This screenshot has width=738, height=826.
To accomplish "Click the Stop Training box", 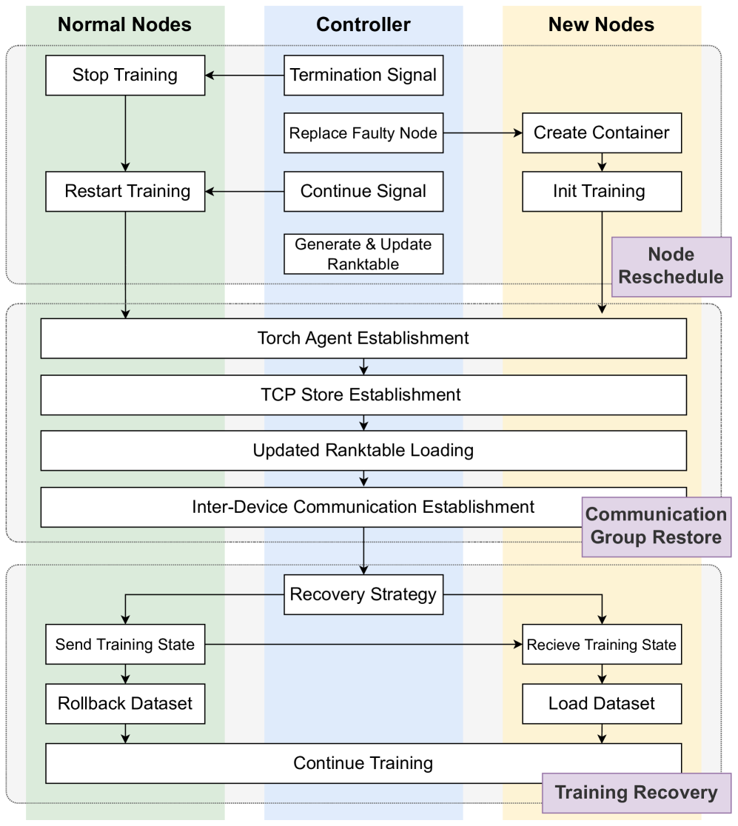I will click(125, 75).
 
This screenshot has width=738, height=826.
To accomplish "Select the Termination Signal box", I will click(363, 75).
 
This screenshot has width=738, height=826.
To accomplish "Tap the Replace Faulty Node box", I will click(363, 133).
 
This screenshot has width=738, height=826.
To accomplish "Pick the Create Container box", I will click(601, 133).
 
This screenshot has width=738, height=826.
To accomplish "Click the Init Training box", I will click(601, 192).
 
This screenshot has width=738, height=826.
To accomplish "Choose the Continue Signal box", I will click(363, 192).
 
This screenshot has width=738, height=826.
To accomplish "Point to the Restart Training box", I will click(125, 192).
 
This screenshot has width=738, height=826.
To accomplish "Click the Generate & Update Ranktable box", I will click(363, 254).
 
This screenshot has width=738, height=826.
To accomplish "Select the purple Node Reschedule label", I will click(671, 266).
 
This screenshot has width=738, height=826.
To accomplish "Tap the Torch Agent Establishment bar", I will click(363, 338).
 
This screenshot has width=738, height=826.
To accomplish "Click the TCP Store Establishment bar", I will click(363, 394).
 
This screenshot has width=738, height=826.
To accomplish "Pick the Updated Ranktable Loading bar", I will click(363, 451).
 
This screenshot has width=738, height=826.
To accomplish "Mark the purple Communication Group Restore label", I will click(657, 526).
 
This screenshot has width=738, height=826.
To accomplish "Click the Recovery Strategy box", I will click(363, 595).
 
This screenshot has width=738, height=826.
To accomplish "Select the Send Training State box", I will click(125, 645).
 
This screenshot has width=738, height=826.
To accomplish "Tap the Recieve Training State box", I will click(601, 645).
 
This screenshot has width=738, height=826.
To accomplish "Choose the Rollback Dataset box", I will click(125, 703).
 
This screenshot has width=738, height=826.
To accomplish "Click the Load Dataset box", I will click(601, 703).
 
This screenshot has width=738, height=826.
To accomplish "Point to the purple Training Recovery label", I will click(637, 793).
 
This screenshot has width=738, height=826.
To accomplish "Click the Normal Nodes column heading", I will click(125, 24).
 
